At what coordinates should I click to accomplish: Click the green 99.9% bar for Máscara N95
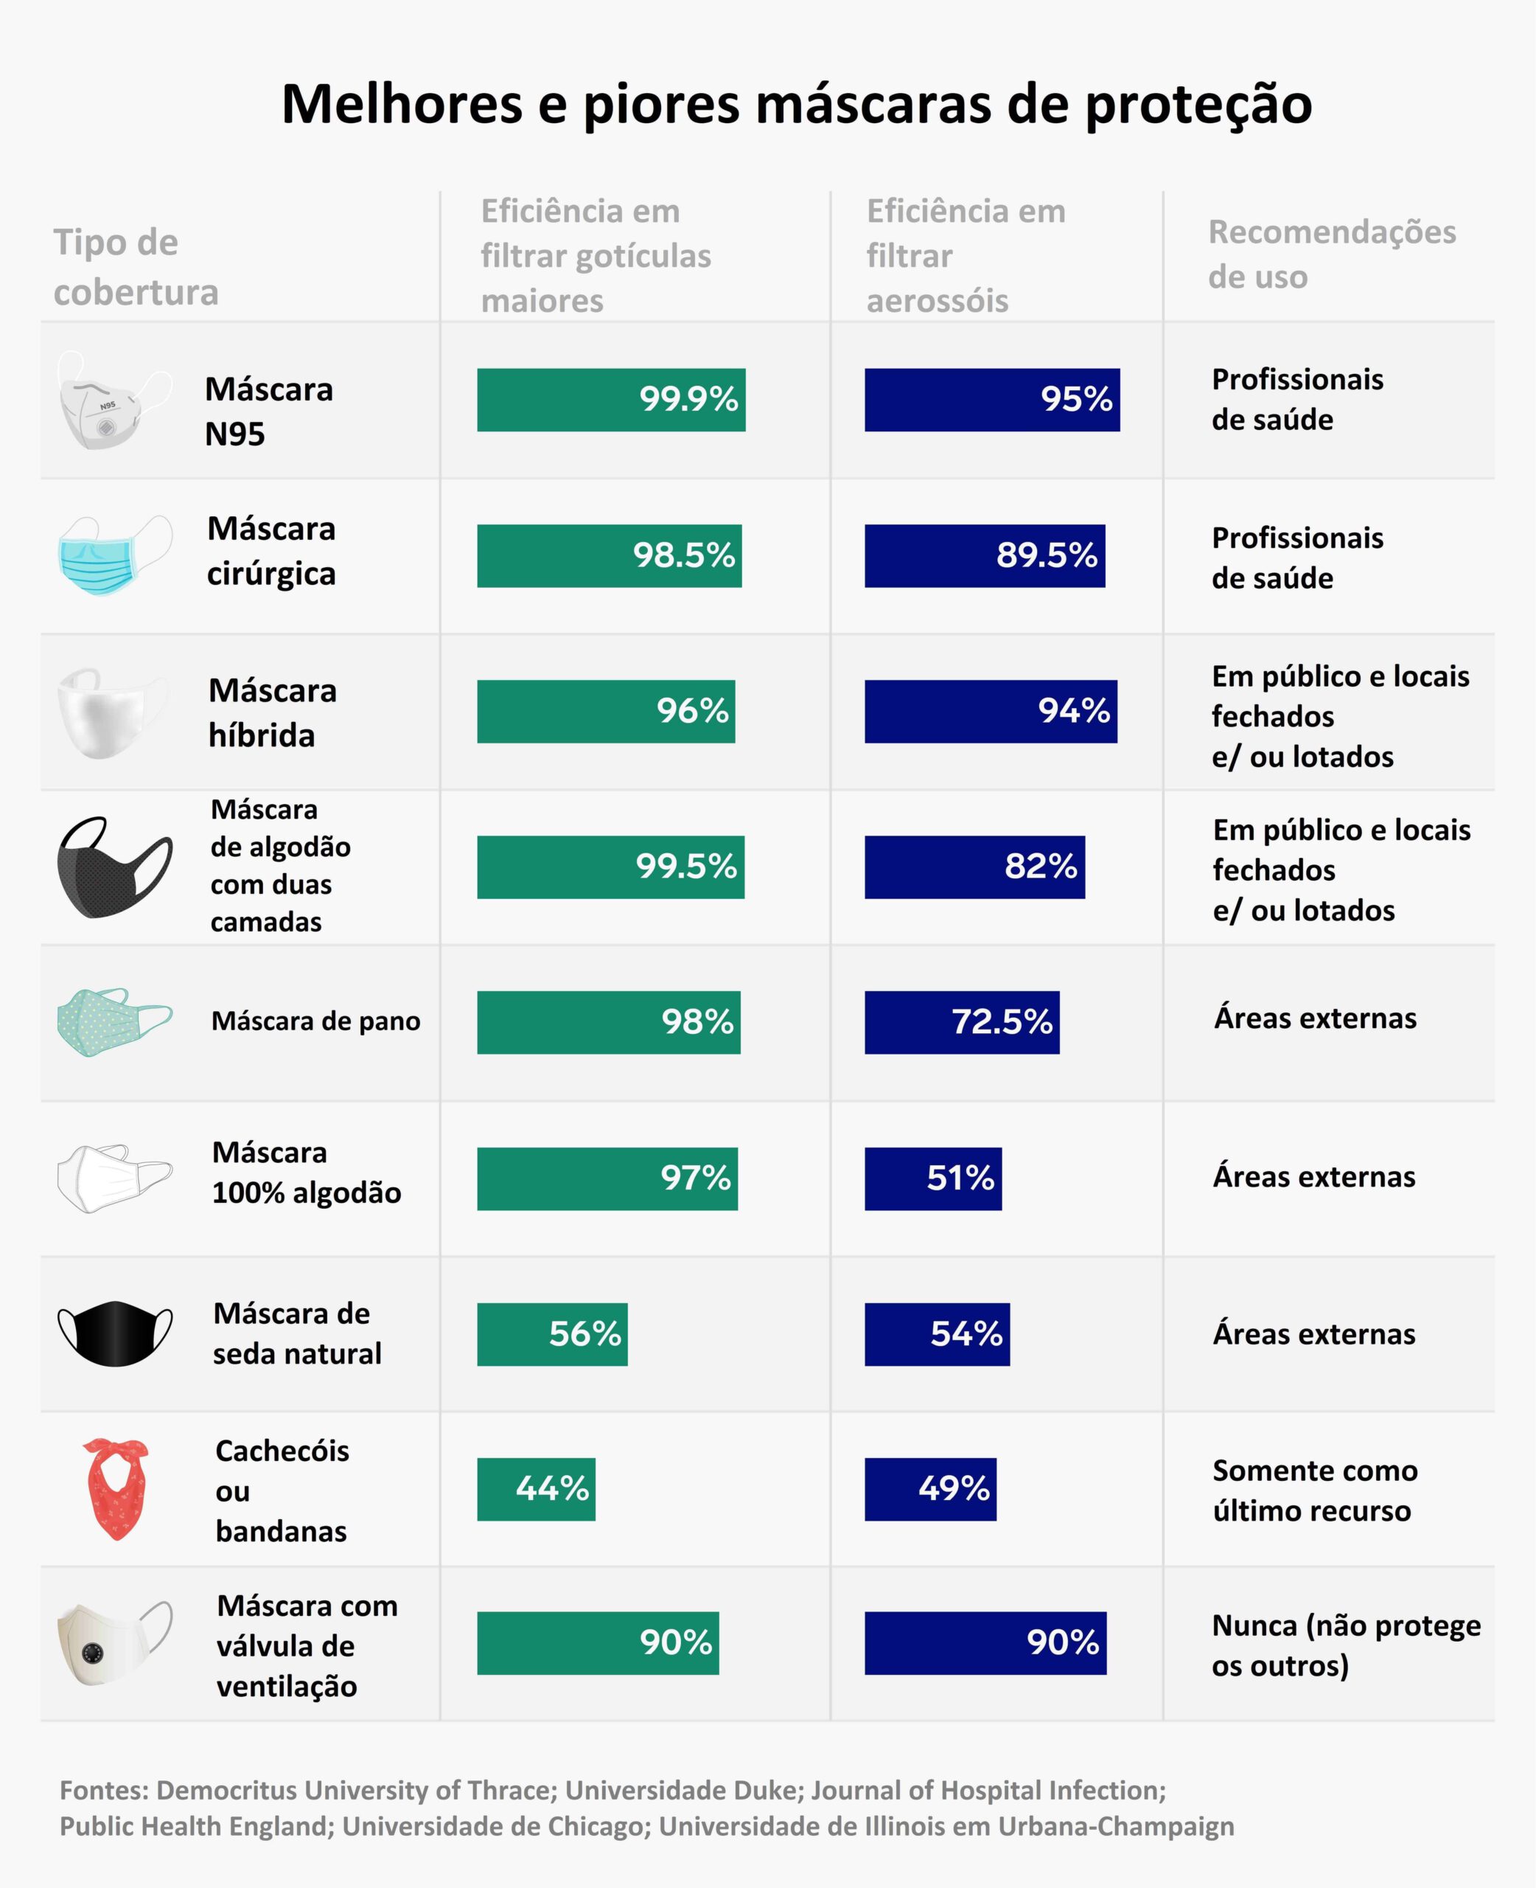pos(610,400)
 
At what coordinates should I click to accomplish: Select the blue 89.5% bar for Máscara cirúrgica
pos(984,556)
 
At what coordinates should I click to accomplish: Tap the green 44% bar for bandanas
pos(535,1489)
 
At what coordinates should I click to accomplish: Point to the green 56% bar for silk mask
pos(551,1334)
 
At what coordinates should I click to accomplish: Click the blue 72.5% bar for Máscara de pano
pos(961,1022)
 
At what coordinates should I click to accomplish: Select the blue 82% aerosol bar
pos(974,867)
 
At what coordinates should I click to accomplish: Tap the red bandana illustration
pos(116,1489)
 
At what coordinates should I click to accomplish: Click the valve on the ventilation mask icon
pos(93,1652)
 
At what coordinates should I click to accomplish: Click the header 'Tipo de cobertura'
pos(136,266)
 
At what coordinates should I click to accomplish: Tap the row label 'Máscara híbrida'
pos(272,712)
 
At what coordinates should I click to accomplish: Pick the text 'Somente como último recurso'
pos(1314,1490)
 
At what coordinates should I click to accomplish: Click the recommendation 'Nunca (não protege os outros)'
pos(1345,1645)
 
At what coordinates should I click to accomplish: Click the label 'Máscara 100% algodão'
pos(306,1173)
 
